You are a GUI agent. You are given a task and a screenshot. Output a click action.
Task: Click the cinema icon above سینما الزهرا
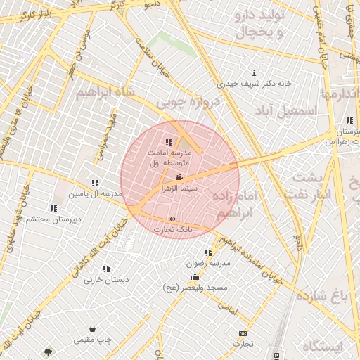pyautogui.click(x=180, y=177)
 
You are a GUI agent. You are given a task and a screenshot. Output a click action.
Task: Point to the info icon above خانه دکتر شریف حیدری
pyautogui.click(x=253, y=72)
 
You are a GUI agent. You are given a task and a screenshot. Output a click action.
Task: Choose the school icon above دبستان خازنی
pyautogui.click(x=106, y=269)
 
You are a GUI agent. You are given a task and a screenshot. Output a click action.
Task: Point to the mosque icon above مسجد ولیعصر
pyautogui.click(x=195, y=276)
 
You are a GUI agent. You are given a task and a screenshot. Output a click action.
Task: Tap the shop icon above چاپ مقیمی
pyautogui.click(x=92, y=328)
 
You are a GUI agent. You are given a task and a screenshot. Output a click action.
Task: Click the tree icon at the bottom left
pyautogui.click(x=48, y=352)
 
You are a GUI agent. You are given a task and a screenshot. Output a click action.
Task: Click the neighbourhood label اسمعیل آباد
pyautogui.click(x=289, y=110)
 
